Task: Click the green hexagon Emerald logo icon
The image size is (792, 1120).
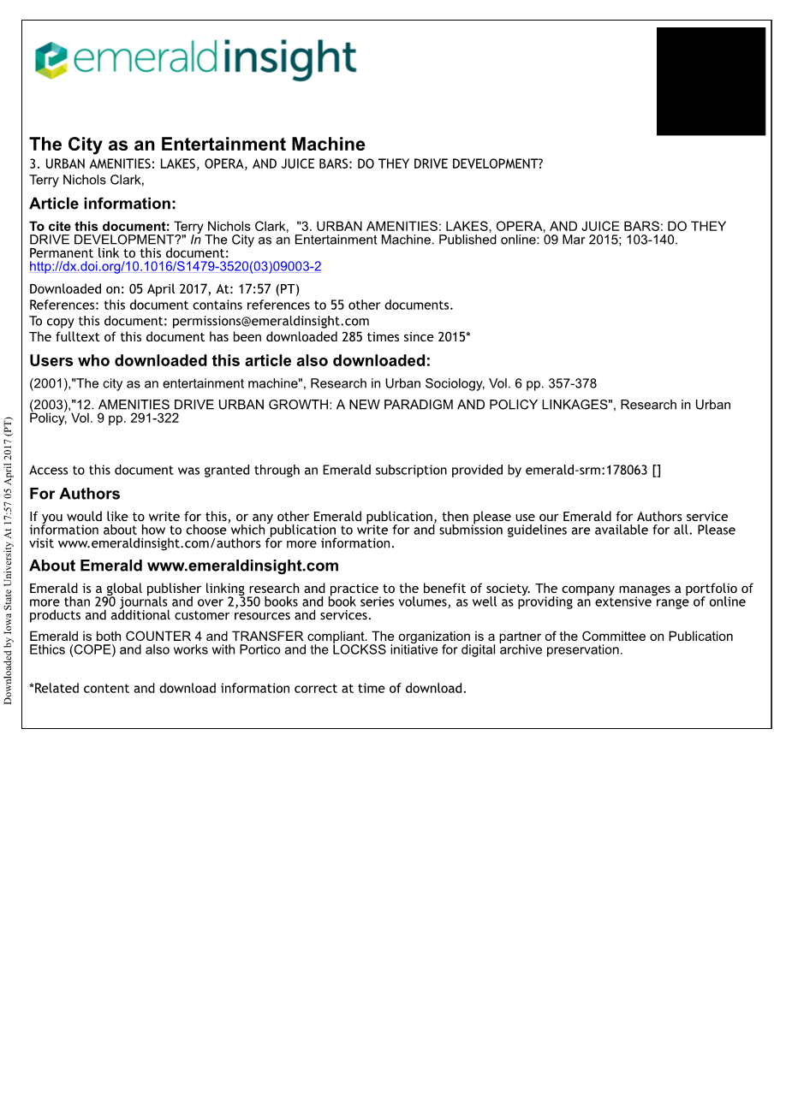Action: coord(51,60)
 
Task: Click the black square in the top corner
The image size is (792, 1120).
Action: coord(711,81)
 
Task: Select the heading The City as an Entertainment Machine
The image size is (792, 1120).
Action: coord(197,145)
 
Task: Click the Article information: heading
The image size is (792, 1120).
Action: coord(103,204)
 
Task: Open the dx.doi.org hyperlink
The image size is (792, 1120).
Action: coord(176,267)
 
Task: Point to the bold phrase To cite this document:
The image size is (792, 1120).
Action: coord(99,227)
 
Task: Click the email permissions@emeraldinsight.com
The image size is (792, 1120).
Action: coord(271,322)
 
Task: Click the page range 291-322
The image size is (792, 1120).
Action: coord(154,418)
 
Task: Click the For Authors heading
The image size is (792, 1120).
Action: coord(74,494)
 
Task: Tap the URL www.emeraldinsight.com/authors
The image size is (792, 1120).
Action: coord(160,543)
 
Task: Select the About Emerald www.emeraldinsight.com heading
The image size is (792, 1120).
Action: coord(184,566)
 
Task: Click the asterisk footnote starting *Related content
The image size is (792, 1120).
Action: coord(248,689)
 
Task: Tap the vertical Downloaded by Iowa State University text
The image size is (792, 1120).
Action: coord(9,560)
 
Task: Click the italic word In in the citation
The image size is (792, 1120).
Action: coord(195,240)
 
